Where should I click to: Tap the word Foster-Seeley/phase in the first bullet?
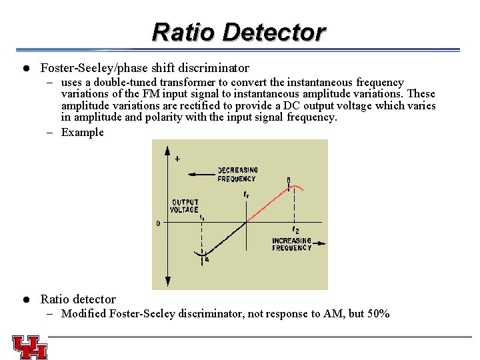pyautogui.click(x=99, y=68)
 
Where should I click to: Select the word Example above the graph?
pyautogui.click(x=83, y=132)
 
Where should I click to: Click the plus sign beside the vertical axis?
pyautogui.click(x=177, y=159)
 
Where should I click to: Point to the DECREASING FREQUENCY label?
pyautogui.click(x=237, y=175)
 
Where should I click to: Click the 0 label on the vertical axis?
pyautogui.click(x=158, y=224)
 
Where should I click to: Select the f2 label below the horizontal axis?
pyautogui.click(x=295, y=230)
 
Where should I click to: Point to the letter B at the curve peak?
pyautogui.click(x=288, y=180)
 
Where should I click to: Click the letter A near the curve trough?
pyautogui.click(x=207, y=260)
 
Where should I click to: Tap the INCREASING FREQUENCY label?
pyautogui.click(x=291, y=244)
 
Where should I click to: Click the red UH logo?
pyautogui.click(x=29, y=347)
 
